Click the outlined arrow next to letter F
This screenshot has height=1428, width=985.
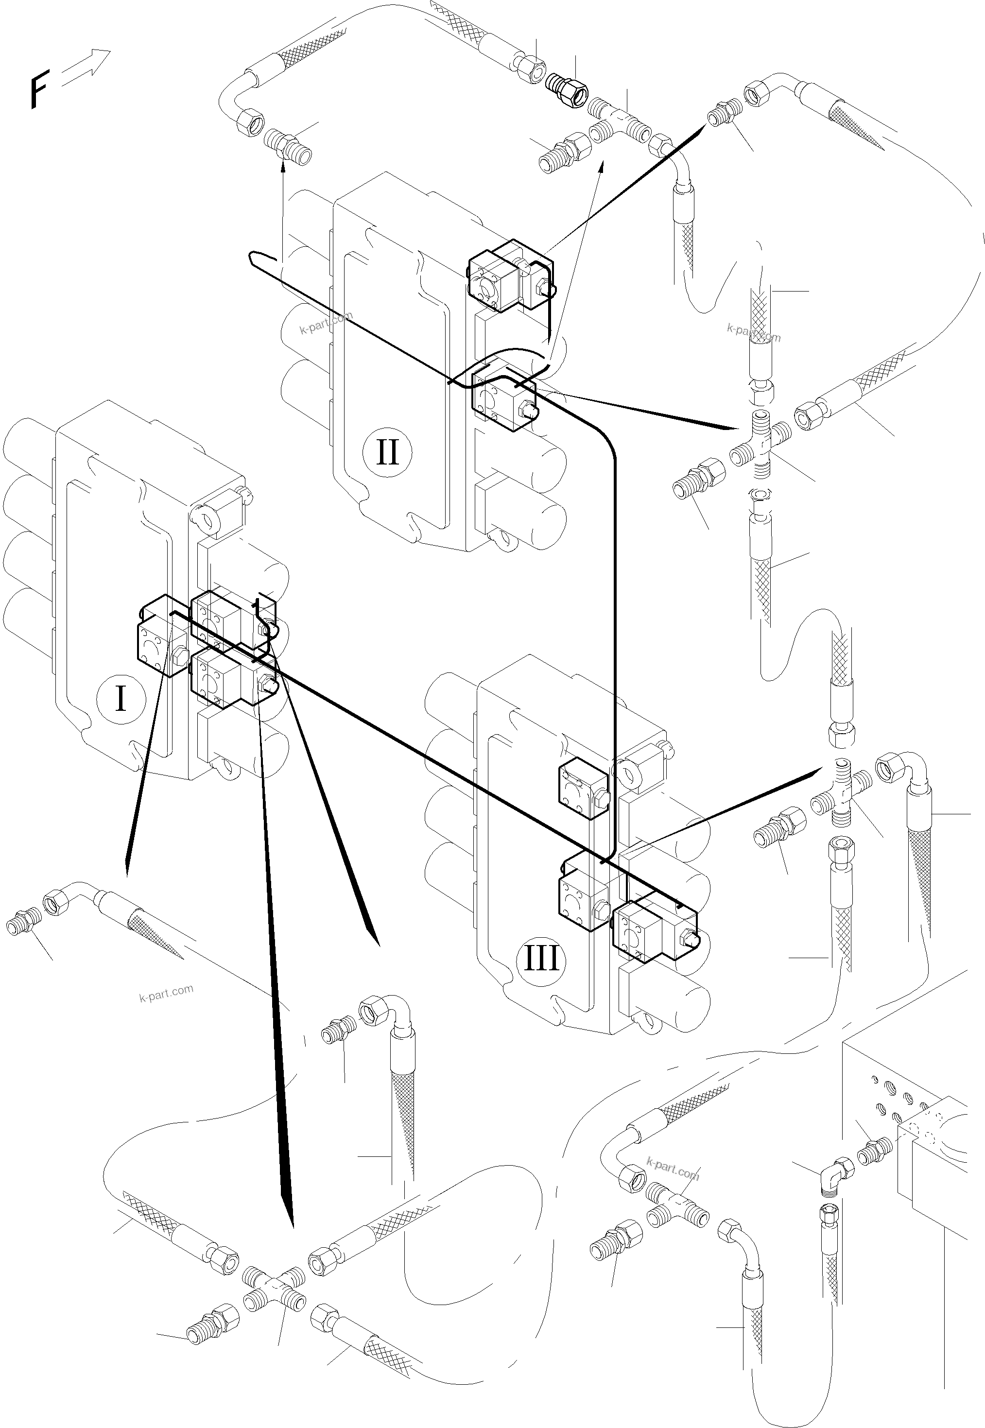pos(86,65)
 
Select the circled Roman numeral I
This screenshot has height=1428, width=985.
pos(121,699)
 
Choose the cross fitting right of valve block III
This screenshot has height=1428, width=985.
pos(841,795)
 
